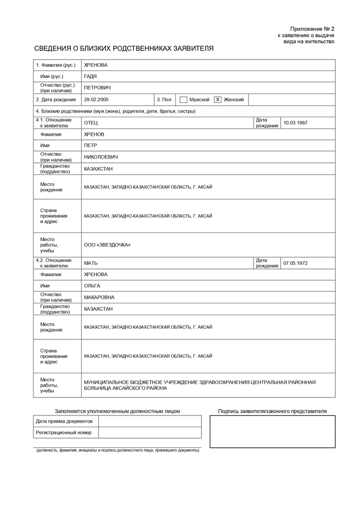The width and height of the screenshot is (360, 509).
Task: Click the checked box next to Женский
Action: [x=218, y=100]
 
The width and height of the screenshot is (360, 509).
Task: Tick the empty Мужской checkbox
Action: [x=184, y=100]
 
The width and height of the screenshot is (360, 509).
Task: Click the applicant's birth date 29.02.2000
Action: [x=96, y=100]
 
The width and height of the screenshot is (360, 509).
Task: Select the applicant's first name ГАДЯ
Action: [x=90, y=76]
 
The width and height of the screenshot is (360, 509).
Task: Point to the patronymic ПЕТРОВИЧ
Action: [x=97, y=88]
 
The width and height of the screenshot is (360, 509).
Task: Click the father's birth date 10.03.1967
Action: [x=295, y=123]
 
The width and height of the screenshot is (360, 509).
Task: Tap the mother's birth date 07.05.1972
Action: [x=295, y=263]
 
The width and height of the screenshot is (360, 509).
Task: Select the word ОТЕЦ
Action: [x=91, y=123]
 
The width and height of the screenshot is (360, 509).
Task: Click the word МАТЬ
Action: [x=91, y=263]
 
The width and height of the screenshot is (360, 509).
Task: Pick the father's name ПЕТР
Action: [x=90, y=146]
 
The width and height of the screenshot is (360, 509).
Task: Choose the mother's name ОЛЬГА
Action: [x=92, y=286]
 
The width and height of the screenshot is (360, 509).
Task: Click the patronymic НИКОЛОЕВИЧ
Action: [x=101, y=157]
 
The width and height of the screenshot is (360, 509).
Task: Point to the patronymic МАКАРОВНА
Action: [x=99, y=297]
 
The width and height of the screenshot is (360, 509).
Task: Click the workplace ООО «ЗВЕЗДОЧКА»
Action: [x=107, y=245]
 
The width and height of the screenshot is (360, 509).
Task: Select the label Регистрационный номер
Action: [x=64, y=433]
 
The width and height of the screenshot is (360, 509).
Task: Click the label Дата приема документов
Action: [x=64, y=421]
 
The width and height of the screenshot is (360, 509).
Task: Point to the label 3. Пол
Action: [x=164, y=100]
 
